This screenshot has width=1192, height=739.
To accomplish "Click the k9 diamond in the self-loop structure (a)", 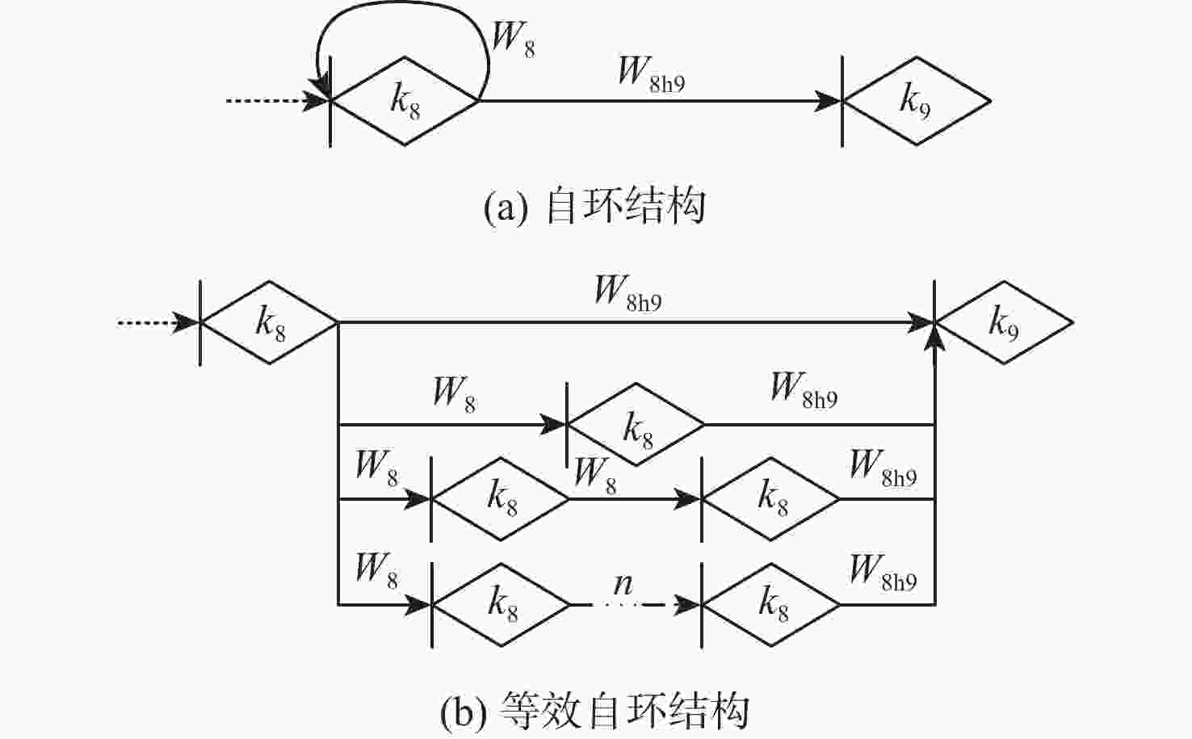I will [x=917, y=101].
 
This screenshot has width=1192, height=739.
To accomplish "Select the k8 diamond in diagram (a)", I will [x=405, y=101].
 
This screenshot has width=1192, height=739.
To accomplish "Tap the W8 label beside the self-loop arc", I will [x=513, y=38].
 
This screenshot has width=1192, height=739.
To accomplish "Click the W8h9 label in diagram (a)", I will [x=651, y=73].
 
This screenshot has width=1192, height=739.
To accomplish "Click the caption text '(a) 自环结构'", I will [x=594, y=206].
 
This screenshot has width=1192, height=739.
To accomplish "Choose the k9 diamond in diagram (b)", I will [x=1004, y=323].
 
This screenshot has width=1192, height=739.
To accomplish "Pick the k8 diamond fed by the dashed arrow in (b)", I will [x=269, y=323].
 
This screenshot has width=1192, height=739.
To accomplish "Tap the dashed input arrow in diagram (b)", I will [x=157, y=323].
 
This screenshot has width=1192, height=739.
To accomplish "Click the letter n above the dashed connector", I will [x=623, y=582].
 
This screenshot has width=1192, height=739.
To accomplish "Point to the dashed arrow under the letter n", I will [x=635, y=604].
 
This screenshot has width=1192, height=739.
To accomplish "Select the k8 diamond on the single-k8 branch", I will [x=636, y=424].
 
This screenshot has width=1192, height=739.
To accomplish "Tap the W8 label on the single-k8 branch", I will [x=454, y=393].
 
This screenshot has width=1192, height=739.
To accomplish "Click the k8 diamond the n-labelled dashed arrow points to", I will [x=770, y=604].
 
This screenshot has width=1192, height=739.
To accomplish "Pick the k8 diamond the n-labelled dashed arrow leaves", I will [x=501, y=604].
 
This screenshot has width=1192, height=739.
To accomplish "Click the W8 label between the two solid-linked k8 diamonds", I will [x=594, y=474].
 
